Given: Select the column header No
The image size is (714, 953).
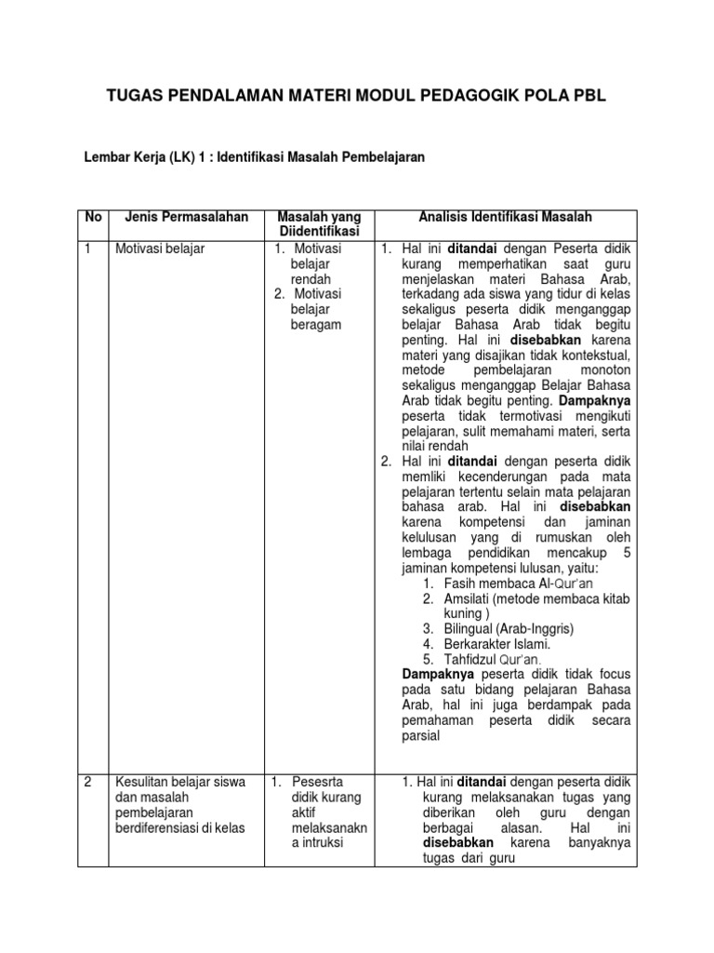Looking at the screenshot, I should (x=93, y=217).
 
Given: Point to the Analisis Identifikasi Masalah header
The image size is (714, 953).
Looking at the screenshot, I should (x=505, y=217).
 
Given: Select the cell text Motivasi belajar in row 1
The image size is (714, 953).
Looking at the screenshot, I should (x=155, y=248).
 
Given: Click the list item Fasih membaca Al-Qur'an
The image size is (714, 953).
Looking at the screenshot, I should (x=509, y=583).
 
